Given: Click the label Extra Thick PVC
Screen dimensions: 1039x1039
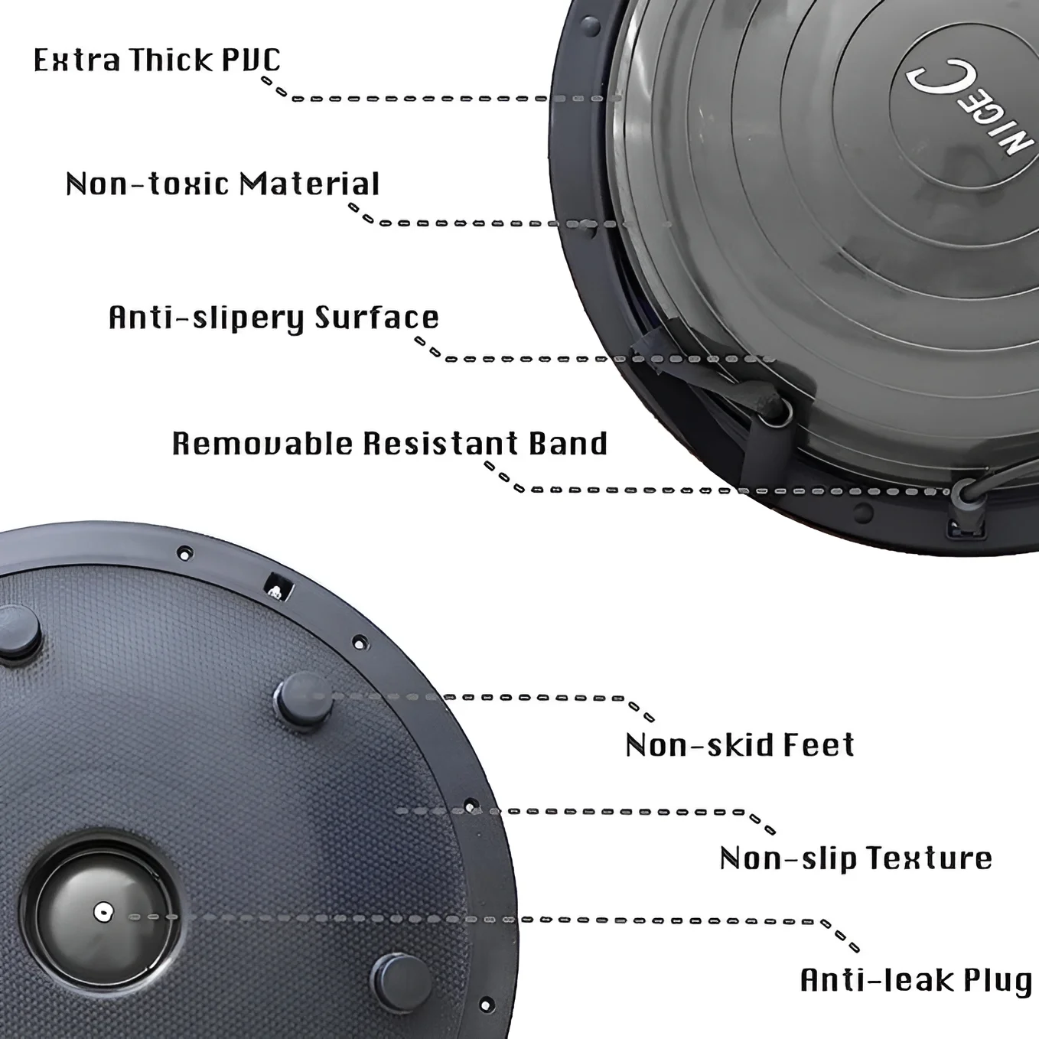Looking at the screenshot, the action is point(157,60).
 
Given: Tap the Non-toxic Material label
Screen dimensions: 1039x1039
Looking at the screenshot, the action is point(223,184).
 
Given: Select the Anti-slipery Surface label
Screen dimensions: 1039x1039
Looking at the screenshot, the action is point(274,318).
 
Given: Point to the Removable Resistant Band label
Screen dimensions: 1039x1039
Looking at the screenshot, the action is point(390,445).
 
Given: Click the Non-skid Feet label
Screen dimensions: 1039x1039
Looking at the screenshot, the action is point(741,745).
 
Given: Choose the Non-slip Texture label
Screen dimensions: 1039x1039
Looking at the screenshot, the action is point(856,859).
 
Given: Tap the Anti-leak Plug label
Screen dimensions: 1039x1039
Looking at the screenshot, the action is point(916,980).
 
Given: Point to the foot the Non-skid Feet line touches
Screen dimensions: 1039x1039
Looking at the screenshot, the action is point(304,700).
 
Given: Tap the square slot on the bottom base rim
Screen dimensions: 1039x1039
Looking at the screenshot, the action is point(281,587).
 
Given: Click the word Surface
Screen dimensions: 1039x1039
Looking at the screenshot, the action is point(377,317).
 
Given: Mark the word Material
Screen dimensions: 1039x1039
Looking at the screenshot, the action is point(310,184).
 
